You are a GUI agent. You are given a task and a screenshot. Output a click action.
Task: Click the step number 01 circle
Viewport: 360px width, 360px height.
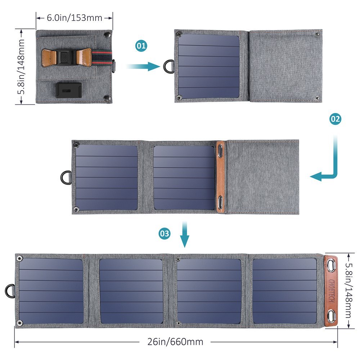coord(141,46)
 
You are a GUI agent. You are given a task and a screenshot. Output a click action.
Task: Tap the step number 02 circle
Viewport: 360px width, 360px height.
coord(335,119)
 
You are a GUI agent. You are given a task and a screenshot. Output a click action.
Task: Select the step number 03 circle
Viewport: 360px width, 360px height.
coord(165,234)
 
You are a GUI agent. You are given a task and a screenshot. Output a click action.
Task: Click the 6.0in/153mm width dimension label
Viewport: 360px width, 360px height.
coord(75,17)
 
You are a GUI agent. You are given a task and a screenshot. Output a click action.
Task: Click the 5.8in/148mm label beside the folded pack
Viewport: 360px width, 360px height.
coord(22,67)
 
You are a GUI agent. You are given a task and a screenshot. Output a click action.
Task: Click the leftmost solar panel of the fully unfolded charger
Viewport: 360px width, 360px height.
coord(51,291)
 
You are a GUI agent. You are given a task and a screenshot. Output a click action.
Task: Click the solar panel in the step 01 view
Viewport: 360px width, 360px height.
coord(209,66)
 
